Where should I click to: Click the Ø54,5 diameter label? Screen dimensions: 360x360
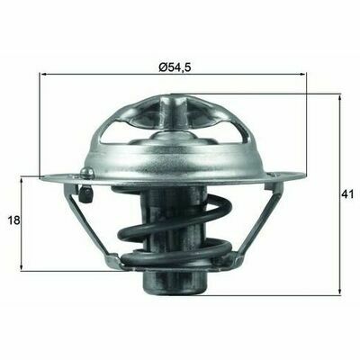pyautogui.click(x=175, y=67)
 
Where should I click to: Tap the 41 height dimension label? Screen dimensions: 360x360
pyautogui.click(x=347, y=194)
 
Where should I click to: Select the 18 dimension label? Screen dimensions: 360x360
pyautogui.click(x=13, y=220)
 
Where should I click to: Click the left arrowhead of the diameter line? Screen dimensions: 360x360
pyautogui.click(x=44, y=74)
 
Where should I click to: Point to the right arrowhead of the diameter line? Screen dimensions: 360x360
pyautogui.click(x=301, y=74)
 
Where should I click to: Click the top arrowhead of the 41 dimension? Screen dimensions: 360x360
pyautogui.click(x=339, y=98)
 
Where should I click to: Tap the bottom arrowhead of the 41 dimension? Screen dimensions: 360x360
pyautogui.click(x=339, y=290)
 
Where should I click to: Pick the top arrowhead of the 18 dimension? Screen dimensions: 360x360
pyautogui.click(x=22, y=182)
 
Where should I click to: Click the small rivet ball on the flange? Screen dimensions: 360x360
pyautogui.click(x=87, y=172)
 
